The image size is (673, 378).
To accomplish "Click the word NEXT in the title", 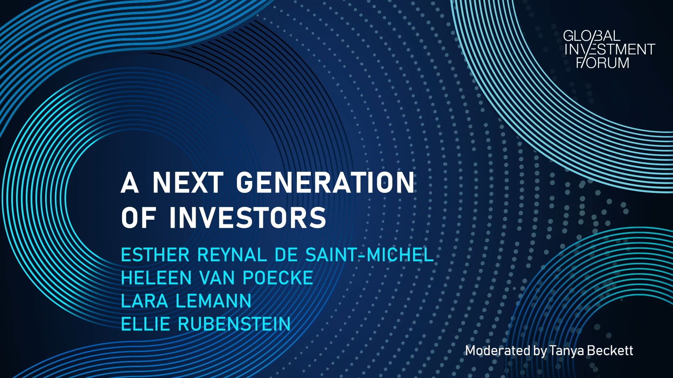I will click(188, 182).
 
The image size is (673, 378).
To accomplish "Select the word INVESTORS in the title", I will click(247, 217).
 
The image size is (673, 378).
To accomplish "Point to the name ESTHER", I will click(155, 255).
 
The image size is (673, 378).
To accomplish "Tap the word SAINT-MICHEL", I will click(369, 255).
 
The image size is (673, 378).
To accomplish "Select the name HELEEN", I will click(156, 278).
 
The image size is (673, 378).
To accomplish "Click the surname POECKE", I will click(278, 278).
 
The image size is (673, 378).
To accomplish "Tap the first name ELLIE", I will click(146, 324).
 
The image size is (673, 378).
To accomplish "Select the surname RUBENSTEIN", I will click(234, 324).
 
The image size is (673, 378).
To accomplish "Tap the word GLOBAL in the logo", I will click(592, 36).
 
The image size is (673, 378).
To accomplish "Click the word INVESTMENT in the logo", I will click(610, 49).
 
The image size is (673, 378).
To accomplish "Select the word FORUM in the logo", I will click(603, 63).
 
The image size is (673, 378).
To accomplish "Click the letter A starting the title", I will click(129, 182).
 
